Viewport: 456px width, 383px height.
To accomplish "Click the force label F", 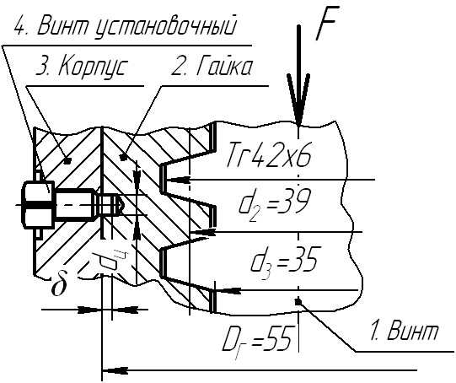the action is point(325,24).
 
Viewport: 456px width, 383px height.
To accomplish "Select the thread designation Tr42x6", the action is point(269,155).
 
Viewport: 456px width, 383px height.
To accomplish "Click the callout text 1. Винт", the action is point(404,331).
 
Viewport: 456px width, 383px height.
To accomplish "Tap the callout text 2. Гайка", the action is point(212,67).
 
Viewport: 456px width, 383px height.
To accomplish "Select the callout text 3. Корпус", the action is point(82,67).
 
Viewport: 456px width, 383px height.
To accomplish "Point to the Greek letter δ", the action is point(59,283).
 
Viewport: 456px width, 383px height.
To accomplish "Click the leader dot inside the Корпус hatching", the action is point(67,160).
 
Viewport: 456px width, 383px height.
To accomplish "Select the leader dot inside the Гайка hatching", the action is point(124,157).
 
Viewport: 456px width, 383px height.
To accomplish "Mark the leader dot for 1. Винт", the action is point(298,302).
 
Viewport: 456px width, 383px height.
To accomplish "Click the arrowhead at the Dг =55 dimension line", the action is point(115,371).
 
